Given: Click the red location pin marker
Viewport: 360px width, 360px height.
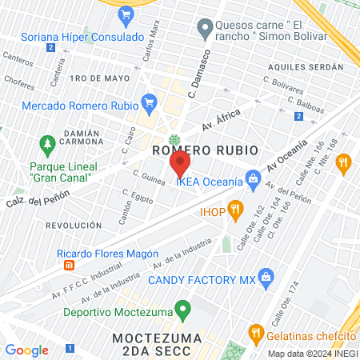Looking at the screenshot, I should [179, 164].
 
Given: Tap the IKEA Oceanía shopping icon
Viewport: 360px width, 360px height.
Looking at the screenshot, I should [253, 177].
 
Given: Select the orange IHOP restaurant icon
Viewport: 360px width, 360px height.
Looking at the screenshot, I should [235, 210].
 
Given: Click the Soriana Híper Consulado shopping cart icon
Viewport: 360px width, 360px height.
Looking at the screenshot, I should [125, 15].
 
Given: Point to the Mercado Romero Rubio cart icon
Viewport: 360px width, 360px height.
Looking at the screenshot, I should [148, 102].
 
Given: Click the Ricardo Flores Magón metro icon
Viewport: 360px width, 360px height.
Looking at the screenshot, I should [69, 265].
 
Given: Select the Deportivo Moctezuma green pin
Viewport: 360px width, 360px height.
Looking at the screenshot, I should [183, 308].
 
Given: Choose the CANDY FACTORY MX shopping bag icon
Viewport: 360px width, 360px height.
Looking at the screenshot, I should [267, 278].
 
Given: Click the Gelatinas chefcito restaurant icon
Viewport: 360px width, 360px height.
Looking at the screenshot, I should [256, 332].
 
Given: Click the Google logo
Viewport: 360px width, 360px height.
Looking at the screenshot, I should [26, 350].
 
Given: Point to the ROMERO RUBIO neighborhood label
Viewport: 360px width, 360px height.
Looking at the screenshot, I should [205, 150].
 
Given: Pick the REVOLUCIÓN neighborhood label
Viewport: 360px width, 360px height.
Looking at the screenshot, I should [73, 226].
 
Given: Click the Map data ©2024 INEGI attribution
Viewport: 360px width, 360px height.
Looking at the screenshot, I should [311, 354].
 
